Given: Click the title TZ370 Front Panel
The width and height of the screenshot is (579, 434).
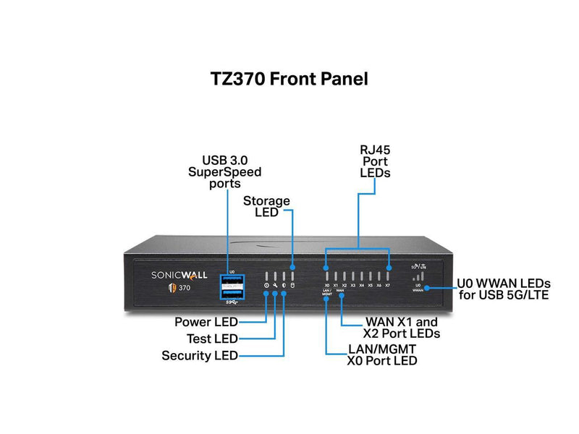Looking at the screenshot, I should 289,79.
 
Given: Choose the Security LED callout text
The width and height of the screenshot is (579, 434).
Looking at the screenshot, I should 200,355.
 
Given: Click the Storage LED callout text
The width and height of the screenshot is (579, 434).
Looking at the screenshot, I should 266,206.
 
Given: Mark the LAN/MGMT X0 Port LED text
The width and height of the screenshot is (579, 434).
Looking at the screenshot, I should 383,354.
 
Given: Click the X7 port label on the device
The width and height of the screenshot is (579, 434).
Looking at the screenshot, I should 388,286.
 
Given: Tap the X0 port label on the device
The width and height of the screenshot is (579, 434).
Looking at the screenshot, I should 327,286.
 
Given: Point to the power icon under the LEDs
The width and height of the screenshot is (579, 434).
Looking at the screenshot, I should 266,286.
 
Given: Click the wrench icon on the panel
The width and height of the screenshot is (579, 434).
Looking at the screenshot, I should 275,286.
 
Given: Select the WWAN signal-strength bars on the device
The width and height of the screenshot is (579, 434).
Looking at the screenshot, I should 420,276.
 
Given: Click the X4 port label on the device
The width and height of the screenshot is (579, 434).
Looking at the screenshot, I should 362,286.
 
